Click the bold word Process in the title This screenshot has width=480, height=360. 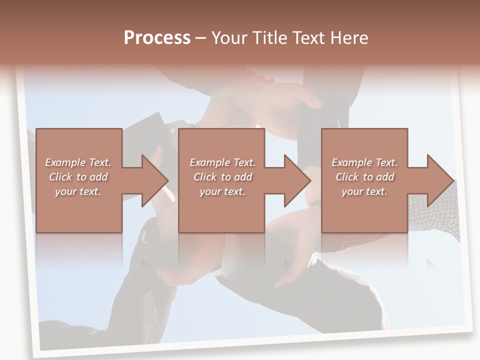pos(157,38)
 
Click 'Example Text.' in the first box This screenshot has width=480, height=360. pos(78,162)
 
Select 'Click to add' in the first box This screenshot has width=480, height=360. pos(78,177)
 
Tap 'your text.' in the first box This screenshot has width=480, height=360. pos(78,191)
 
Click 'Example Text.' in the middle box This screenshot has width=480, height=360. pos(222,162)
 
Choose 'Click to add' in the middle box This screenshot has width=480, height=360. pos(222,177)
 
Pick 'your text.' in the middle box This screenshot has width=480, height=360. pos(222,191)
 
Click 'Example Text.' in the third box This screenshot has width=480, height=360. pos(364,162)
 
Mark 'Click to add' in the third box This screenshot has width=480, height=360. pos(364,177)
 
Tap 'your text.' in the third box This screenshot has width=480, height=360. pos(364,191)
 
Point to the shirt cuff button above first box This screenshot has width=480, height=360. pos(172,131)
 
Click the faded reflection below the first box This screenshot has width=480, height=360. pos(79,250)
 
